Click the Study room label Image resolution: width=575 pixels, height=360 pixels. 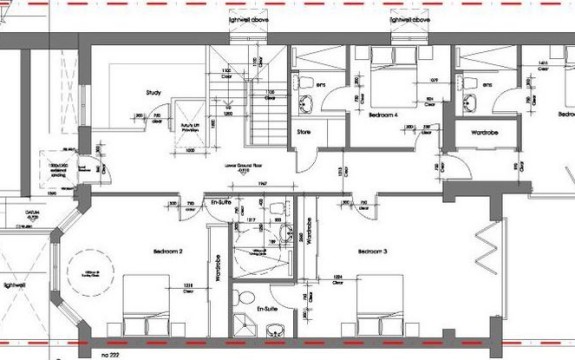pos(153,94)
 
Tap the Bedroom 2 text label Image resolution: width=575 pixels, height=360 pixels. pos(166,250)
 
